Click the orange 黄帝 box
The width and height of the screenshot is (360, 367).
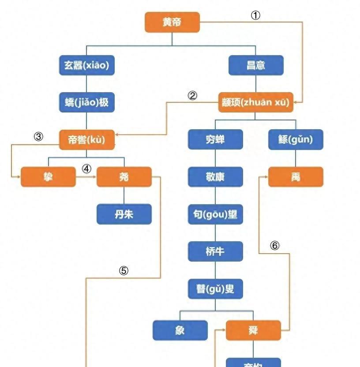point(172,22)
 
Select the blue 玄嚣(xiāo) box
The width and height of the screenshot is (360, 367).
point(86,66)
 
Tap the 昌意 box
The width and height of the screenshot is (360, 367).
point(256,66)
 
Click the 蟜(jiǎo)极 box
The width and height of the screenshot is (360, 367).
point(86,103)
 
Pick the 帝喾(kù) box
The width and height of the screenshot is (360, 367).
point(86,140)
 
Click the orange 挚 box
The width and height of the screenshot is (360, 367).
point(48,177)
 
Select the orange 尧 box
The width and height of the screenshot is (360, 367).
point(124,177)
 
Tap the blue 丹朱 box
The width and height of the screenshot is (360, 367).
point(124,214)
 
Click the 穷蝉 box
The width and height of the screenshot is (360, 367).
point(215,140)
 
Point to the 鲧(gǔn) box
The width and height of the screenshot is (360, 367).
point(296,140)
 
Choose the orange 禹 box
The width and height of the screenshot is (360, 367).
point(296,177)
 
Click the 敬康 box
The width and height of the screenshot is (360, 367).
point(215,177)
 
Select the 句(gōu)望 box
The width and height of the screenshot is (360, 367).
point(215,214)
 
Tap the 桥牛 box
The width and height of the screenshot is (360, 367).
point(215,251)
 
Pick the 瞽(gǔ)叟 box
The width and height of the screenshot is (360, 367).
point(215,289)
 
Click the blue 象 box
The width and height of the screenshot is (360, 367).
point(180,330)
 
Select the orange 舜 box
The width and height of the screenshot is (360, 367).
point(253,330)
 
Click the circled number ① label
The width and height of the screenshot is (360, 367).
point(256,15)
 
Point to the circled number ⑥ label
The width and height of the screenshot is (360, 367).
point(275,246)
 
